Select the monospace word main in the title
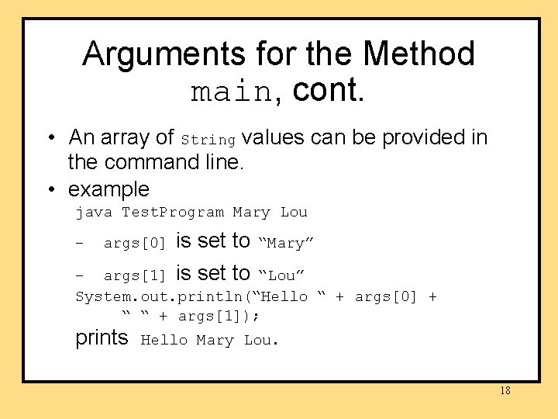pos(231,92)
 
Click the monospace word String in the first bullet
pos(208,140)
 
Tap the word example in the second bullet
pos(108,189)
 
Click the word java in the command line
pos(94,212)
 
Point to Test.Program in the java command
pos(173,212)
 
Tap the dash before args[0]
pos(79,244)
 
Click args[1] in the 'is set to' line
pos(135,275)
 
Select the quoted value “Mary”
pos(285,243)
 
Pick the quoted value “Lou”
pos(281,275)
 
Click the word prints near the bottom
pos(102,338)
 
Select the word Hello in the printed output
pos(164,340)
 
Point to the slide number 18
pos(505,390)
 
